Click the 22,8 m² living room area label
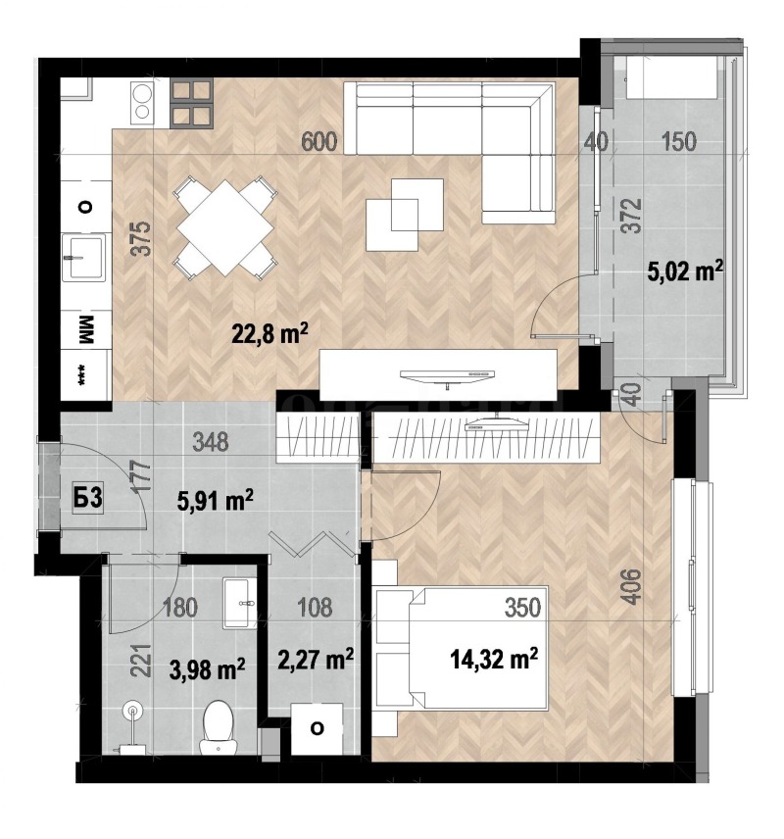pyautogui.click(x=270, y=335)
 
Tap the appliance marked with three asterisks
pyautogui.click(x=84, y=378)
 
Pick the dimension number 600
pyautogui.click(x=319, y=141)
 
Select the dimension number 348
pyautogui.click(x=210, y=442)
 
